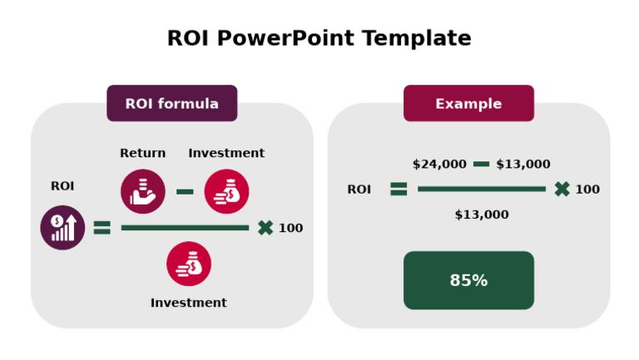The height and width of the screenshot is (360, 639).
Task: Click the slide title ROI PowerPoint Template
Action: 319,38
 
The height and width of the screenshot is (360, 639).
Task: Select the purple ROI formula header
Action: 171,104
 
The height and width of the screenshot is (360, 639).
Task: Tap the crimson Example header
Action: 468,104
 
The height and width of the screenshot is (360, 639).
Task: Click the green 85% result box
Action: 468,280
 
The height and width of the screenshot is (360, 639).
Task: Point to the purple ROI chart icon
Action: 62,227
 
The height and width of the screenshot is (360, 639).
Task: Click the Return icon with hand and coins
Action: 142,191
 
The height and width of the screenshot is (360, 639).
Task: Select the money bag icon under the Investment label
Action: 226,191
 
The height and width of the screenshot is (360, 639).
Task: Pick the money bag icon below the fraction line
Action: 189,264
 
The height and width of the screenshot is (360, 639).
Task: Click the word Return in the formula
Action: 142,153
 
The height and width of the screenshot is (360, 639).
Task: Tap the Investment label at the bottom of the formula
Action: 188,303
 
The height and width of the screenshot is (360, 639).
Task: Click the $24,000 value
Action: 439,165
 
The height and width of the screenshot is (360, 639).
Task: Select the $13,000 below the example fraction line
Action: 481,215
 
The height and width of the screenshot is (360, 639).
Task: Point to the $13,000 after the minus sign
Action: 523,165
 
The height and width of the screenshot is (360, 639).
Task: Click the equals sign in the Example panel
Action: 399,189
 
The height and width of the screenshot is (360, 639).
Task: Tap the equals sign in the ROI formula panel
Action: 102,227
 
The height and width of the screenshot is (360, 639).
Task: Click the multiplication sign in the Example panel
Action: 562,189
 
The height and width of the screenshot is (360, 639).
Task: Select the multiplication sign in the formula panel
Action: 265,227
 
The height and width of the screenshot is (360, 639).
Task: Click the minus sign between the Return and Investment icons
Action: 185,191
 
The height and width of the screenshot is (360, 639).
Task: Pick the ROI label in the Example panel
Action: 359,190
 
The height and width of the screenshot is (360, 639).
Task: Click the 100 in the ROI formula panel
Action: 290,228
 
